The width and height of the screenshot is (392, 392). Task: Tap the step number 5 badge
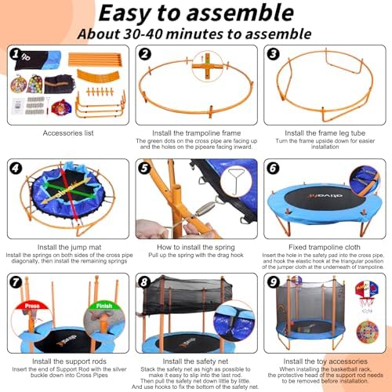pyautogui.click(x=144, y=168)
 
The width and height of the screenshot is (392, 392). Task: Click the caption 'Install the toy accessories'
pyautogui.click(x=324, y=360)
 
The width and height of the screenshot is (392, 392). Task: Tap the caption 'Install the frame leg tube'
pyautogui.click(x=324, y=134)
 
